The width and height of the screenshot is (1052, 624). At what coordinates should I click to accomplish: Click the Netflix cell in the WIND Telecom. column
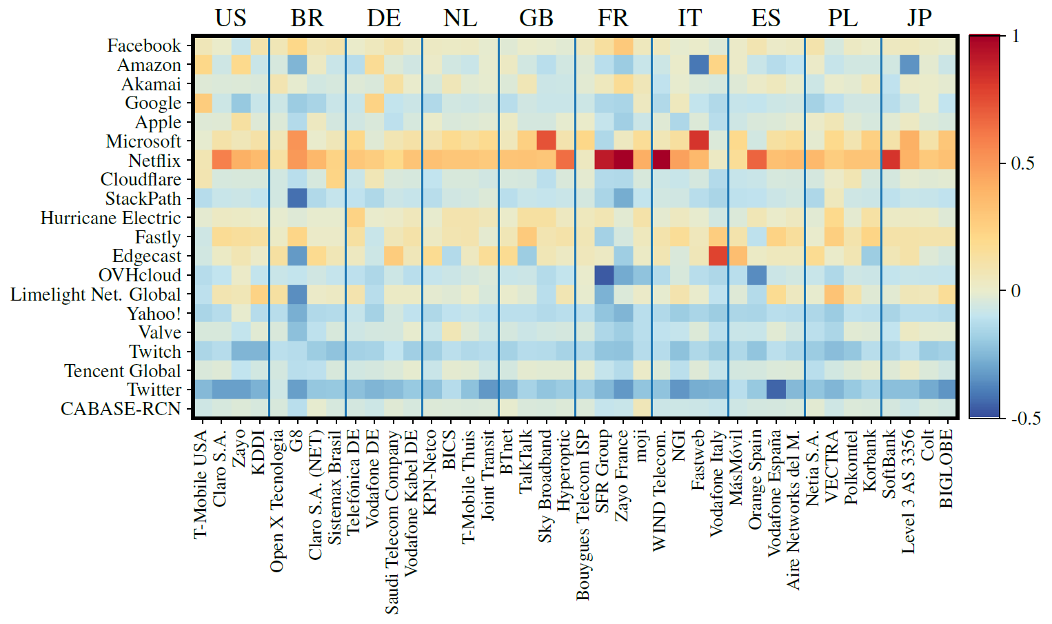tap(660, 160)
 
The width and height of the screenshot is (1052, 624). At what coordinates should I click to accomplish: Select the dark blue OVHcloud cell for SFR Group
tap(603, 275)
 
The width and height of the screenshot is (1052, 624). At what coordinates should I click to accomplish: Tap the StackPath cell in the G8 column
tap(297, 199)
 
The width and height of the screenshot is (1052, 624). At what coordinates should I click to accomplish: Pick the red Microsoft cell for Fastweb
tap(698, 141)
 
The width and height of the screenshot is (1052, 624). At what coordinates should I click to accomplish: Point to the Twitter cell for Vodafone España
tap(775, 390)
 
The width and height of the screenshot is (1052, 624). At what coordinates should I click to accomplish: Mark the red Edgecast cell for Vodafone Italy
tap(718, 256)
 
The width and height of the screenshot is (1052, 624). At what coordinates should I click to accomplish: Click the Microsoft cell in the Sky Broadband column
tap(546, 141)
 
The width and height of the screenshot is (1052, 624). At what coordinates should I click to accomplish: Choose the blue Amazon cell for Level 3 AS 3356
tap(909, 65)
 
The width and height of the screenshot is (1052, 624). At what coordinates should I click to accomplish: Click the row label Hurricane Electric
tap(110, 218)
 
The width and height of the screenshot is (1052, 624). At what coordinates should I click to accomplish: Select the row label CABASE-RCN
tap(120, 409)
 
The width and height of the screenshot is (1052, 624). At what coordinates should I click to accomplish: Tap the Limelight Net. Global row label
tap(95, 294)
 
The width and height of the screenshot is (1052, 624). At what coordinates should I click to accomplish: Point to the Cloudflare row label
tap(141, 179)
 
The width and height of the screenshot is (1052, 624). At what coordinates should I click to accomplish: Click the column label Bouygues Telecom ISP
tap(583, 514)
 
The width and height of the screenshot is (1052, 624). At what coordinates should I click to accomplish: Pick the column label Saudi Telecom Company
tap(392, 521)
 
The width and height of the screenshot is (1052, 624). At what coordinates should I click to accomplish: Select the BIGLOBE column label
tap(947, 468)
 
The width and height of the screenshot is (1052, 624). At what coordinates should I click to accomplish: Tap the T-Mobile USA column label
tap(201, 483)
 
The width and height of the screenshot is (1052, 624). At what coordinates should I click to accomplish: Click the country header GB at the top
tap(536, 18)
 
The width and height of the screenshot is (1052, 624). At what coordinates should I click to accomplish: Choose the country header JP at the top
tap(918, 18)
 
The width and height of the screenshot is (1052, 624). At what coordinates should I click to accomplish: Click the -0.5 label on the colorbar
tap(1025, 419)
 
